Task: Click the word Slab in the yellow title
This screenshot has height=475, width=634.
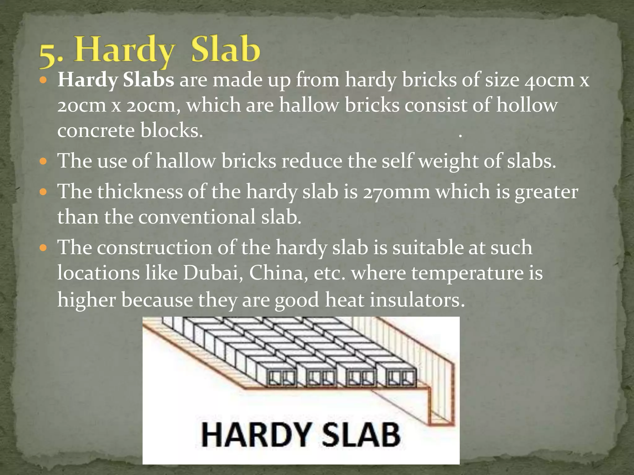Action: pyautogui.click(x=225, y=49)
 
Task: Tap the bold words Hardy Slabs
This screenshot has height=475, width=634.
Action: pyautogui.click(x=116, y=80)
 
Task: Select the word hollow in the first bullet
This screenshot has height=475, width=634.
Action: pyautogui.click(x=527, y=105)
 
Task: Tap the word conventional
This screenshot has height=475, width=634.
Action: pyautogui.click(x=197, y=217)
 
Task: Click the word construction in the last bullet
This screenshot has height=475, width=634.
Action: pyautogui.click(x=154, y=248)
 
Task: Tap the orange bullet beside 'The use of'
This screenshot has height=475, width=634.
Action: pyautogui.click(x=43, y=161)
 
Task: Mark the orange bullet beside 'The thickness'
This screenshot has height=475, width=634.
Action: pyautogui.click(x=43, y=192)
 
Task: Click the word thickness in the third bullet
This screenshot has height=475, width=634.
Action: pyautogui.click(x=140, y=191)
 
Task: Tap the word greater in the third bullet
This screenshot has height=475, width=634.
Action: pyautogui.click(x=546, y=192)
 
